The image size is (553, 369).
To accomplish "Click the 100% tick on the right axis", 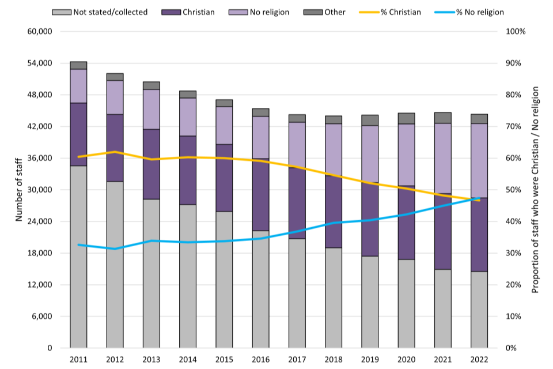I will click(x=515, y=31).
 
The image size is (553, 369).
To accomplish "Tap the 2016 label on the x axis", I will click(x=260, y=359).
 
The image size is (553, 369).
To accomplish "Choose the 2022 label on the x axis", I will click(x=479, y=359).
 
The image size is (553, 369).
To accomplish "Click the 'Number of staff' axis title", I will click(x=19, y=190).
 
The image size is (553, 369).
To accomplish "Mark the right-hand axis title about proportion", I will click(x=535, y=190).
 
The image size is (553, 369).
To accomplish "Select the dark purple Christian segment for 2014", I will click(x=188, y=170).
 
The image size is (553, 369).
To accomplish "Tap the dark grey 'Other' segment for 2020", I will click(x=406, y=118).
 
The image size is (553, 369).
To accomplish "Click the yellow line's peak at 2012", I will click(x=115, y=152).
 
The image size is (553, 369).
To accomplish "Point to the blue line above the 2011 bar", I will click(x=78, y=245).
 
